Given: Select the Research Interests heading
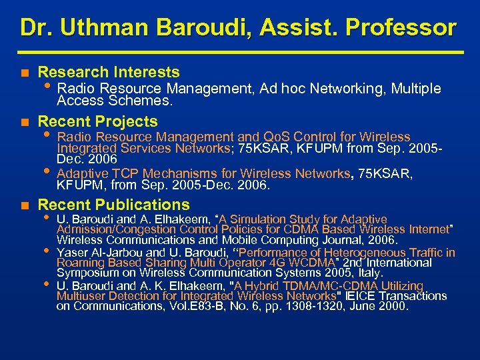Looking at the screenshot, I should pyautogui.click(x=109, y=72).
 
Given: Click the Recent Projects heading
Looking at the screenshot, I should pyautogui.click(x=98, y=121).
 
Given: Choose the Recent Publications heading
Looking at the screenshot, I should pyautogui.click(x=114, y=205).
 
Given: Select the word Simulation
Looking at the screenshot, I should pyautogui.click(x=258, y=219).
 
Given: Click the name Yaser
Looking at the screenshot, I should pyautogui.click(x=73, y=253).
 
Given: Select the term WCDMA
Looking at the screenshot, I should pyautogui.click(x=308, y=263).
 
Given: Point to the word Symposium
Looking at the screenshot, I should pyautogui.click(x=85, y=273).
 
